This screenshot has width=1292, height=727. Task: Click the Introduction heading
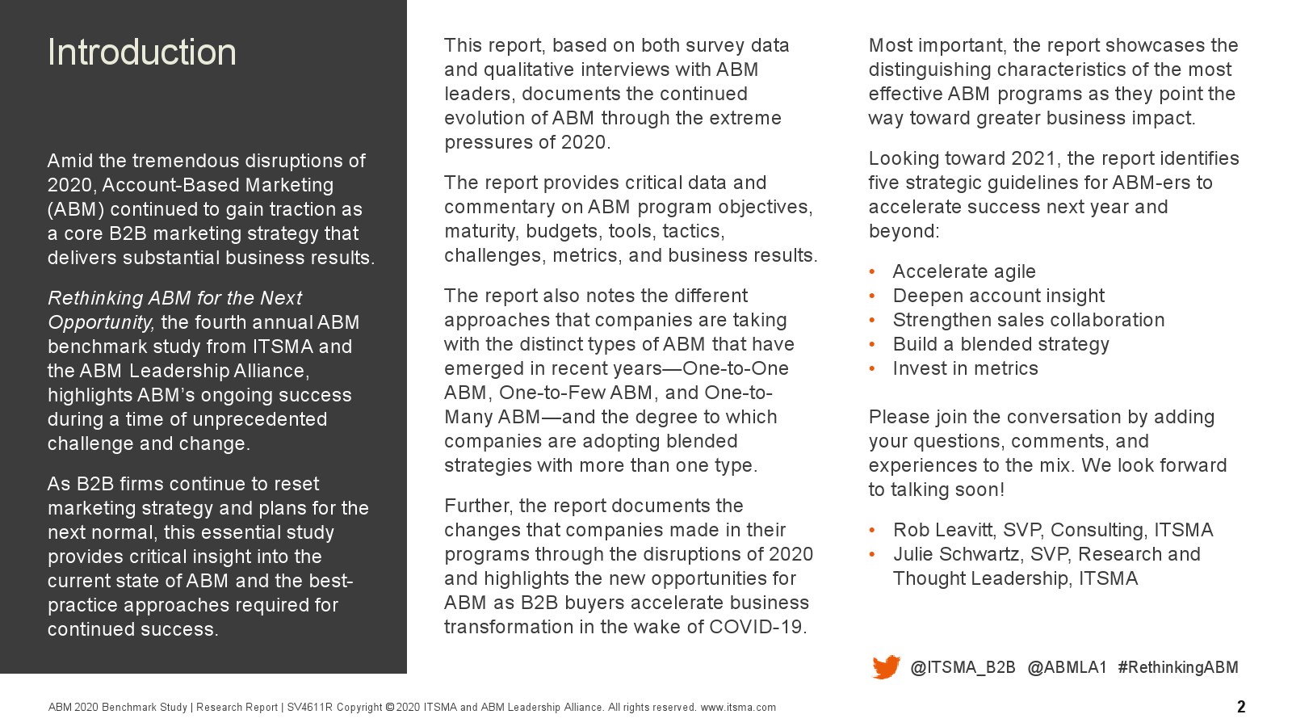[142, 53]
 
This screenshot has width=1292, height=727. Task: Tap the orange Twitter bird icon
[886, 667]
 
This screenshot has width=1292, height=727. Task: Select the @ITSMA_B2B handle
[963, 667]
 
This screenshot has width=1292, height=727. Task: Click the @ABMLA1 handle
[1067, 667]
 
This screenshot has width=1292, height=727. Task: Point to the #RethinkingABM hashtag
[1177, 667]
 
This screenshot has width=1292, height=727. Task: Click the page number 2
[1241, 707]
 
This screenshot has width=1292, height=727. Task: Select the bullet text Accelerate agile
[964, 271]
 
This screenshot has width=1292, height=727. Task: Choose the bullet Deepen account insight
[998, 296]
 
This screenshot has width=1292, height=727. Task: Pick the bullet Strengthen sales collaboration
[1028, 320]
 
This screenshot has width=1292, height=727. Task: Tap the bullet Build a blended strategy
[1000, 344]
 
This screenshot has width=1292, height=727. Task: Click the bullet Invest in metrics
[965, 368]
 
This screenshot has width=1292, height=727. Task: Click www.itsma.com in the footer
[738, 708]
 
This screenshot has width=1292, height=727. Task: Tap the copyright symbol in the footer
[390, 708]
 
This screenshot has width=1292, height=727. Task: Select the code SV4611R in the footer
[309, 708]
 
